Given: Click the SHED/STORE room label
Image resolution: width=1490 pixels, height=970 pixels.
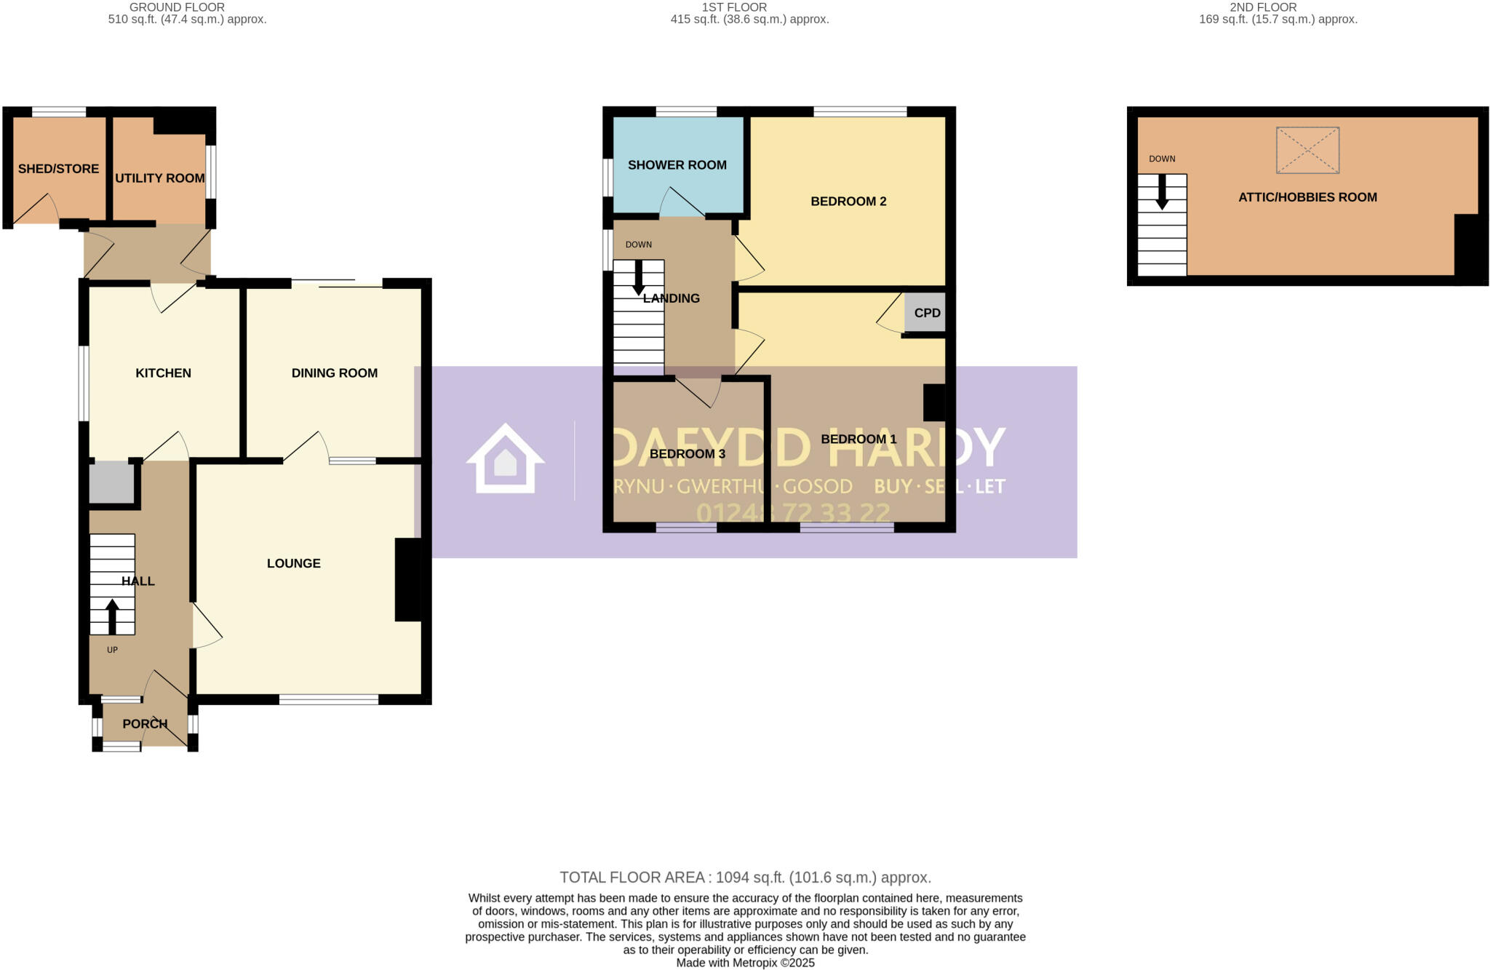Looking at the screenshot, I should pos(58,169).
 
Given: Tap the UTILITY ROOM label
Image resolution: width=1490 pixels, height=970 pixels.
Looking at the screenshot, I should pos(159,178).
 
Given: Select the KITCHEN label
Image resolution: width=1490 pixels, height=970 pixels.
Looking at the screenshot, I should pos(163,373).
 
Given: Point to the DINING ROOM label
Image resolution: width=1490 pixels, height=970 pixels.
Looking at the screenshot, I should pos(334,373).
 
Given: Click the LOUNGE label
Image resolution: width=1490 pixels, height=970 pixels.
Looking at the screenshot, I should pos(293,563).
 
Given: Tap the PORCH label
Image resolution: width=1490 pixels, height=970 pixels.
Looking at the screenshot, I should pos(145,724).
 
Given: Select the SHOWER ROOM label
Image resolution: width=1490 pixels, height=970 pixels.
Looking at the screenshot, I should pos(677,165).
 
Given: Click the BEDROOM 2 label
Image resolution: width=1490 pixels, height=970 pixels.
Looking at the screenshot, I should pos(848,202).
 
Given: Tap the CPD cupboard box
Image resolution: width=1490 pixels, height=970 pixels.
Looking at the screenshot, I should pos(926,313).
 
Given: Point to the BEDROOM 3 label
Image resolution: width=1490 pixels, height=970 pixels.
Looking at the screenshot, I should pos(687,454).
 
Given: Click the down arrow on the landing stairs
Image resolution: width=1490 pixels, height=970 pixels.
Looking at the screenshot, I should pos(638,277).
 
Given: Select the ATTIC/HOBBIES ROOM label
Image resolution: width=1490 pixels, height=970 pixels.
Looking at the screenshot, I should pos(1307,197).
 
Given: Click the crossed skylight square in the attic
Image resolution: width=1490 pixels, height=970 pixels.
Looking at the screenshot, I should pos(1307,151).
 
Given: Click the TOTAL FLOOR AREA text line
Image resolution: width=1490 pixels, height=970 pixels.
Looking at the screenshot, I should pos(745,878).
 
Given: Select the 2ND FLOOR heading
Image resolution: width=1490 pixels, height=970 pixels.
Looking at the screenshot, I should pos(1263,7).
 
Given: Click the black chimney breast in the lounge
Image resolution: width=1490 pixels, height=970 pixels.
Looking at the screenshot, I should pos(408,579).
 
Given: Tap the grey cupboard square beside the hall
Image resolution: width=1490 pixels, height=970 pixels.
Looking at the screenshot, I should pos(111,482).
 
